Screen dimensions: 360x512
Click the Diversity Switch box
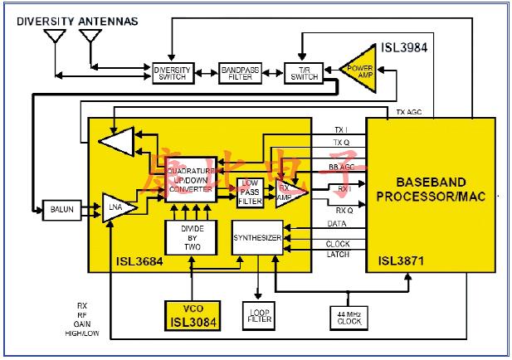(x=173, y=72)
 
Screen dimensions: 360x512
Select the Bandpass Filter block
(x=241, y=72)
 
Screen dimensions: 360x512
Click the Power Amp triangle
(x=358, y=72)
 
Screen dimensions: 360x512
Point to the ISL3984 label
(x=404, y=47)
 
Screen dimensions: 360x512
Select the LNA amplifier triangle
(x=117, y=208)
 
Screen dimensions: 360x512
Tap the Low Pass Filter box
(x=250, y=192)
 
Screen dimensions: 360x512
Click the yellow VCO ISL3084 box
(x=192, y=316)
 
